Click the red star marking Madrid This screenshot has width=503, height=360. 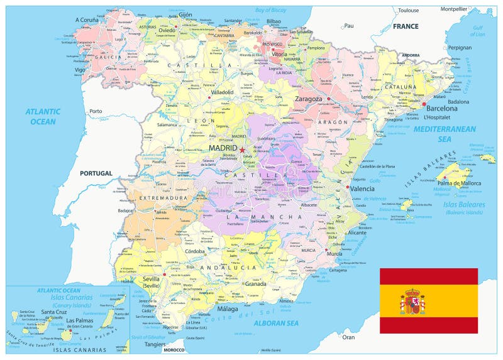(243, 150)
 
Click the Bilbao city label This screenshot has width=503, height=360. (274, 21)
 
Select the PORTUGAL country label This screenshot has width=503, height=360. (96, 173)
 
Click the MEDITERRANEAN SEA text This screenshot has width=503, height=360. (445, 133)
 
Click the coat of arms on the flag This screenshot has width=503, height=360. (412, 302)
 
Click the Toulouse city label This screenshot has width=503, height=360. (408, 10)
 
